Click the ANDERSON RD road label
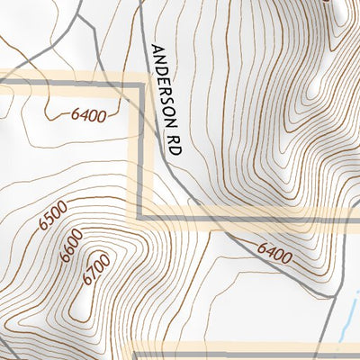click(x=166, y=100)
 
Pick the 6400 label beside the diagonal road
click(x=274, y=256)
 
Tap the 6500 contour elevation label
click(x=53, y=219)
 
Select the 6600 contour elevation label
click(x=68, y=244)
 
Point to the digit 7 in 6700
click(x=89, y=275)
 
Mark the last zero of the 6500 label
click(x=61, y=210)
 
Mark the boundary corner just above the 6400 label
click(x=139, y=85)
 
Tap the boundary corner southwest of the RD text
click(x=140, y=219)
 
